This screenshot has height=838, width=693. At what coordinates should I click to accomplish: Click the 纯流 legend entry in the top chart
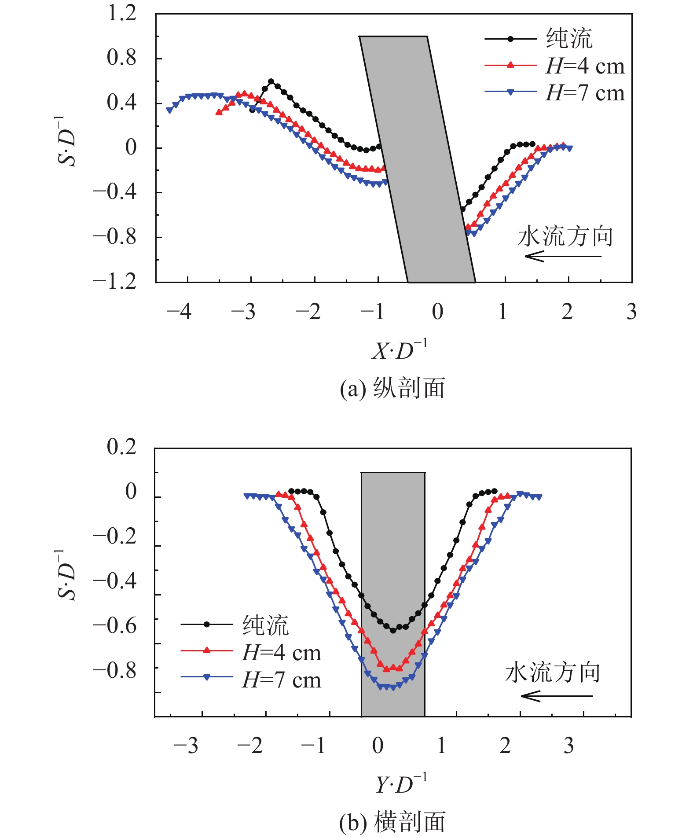point(539,39)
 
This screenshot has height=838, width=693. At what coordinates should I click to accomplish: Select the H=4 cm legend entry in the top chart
point(555,66)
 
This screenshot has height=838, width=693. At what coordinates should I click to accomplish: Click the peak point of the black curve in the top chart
point(271,81)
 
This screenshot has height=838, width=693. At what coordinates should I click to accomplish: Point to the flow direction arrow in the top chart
point(563,256)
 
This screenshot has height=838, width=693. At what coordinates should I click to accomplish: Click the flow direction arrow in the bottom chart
point(557,696)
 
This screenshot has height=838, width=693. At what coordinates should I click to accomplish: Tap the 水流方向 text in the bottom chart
point(553,673)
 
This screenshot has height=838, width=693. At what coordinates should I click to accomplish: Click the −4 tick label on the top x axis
point(179,312)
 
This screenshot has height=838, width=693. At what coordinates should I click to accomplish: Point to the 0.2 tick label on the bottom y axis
point(122,447)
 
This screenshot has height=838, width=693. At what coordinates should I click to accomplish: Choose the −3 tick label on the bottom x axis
point(186,746)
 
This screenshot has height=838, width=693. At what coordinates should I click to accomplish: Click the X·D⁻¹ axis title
point(400,350)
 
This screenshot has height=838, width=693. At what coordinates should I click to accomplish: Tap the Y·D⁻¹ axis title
point(401,784)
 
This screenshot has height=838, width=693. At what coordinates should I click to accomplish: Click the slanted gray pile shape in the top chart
point(417,159)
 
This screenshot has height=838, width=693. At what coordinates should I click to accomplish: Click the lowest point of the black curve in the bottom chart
point(393,630)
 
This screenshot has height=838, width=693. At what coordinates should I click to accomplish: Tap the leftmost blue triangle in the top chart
point(169,110)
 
